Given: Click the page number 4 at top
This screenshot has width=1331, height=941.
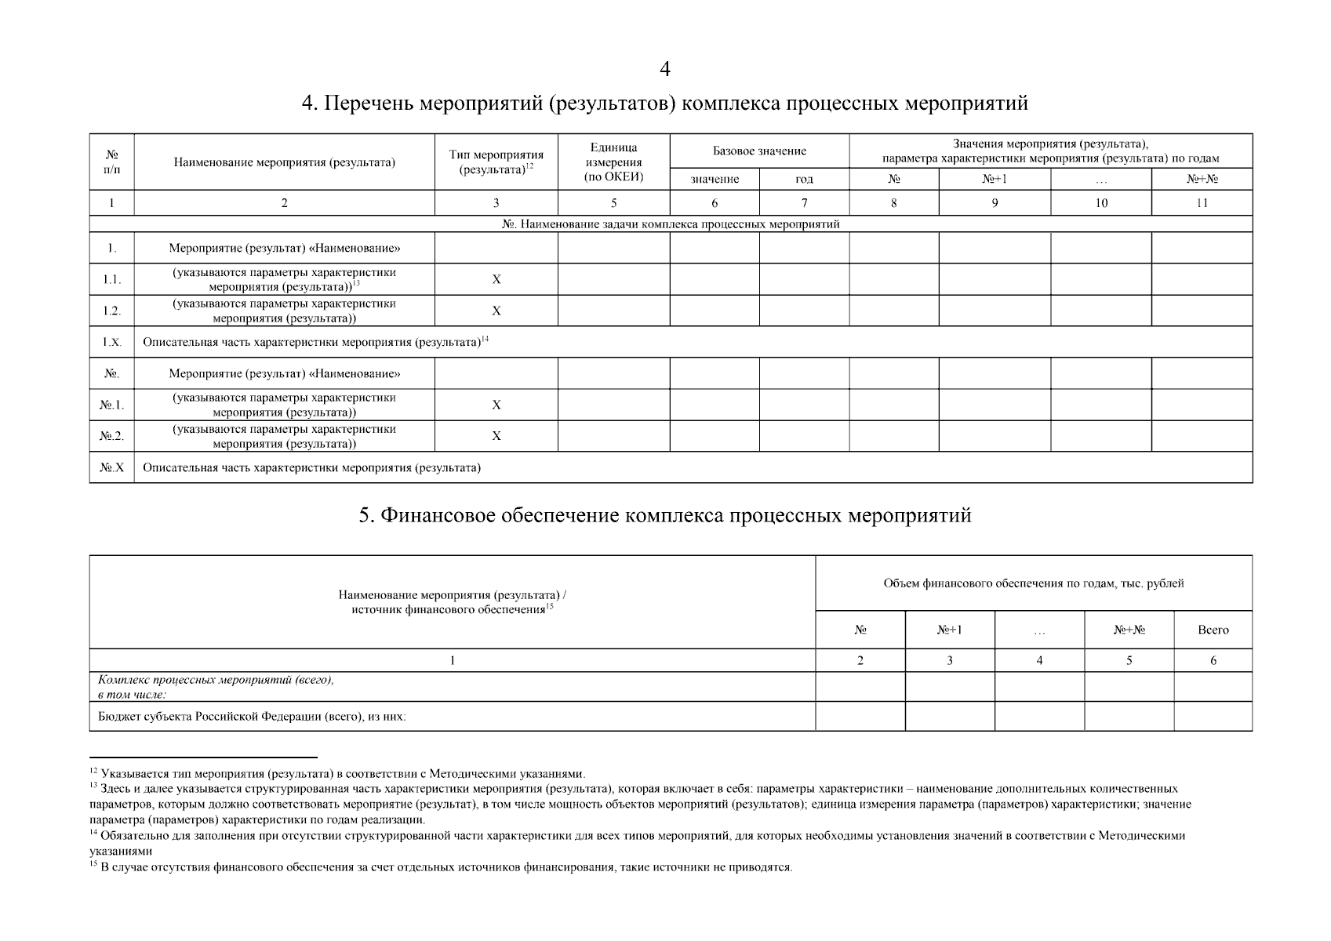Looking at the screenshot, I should click(x=665, y=70).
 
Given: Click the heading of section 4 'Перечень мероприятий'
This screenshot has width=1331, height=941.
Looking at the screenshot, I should click(x=665, y=104).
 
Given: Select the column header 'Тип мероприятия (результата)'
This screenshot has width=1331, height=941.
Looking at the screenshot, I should click(x=496, y=162).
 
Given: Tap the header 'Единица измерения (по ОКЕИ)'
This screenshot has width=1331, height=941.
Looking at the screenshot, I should click(x=613, y=162).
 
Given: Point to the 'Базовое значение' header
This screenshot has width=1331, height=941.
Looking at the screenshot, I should click(x=758, y=151).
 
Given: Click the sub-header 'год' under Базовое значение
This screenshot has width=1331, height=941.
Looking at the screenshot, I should click(x=804, y=179).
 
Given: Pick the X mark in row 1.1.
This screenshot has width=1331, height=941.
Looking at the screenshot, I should click(x=496, y=279).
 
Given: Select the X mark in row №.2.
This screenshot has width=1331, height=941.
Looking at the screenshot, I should click(x=496, y=436).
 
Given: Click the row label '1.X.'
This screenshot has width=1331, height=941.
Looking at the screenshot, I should click(x=111, y=343).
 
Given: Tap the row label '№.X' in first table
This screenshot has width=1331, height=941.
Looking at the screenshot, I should click(x=111, y=468).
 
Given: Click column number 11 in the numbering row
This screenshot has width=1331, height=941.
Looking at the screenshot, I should click(x=1202, y=203).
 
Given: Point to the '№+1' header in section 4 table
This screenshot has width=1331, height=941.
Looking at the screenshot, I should click(x=994, y=179).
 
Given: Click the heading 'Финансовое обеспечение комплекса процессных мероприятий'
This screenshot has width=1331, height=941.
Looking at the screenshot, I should click(x=665, y=516).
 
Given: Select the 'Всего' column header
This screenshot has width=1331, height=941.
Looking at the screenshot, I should click(x=1213, y=630).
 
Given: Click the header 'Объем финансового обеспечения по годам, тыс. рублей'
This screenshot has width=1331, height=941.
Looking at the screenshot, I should click(x=1033, y=583).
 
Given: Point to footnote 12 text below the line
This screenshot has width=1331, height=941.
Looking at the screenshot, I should click(x=341, y=773).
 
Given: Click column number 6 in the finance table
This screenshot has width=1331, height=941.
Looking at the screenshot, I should click(x=1213, y=660).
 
